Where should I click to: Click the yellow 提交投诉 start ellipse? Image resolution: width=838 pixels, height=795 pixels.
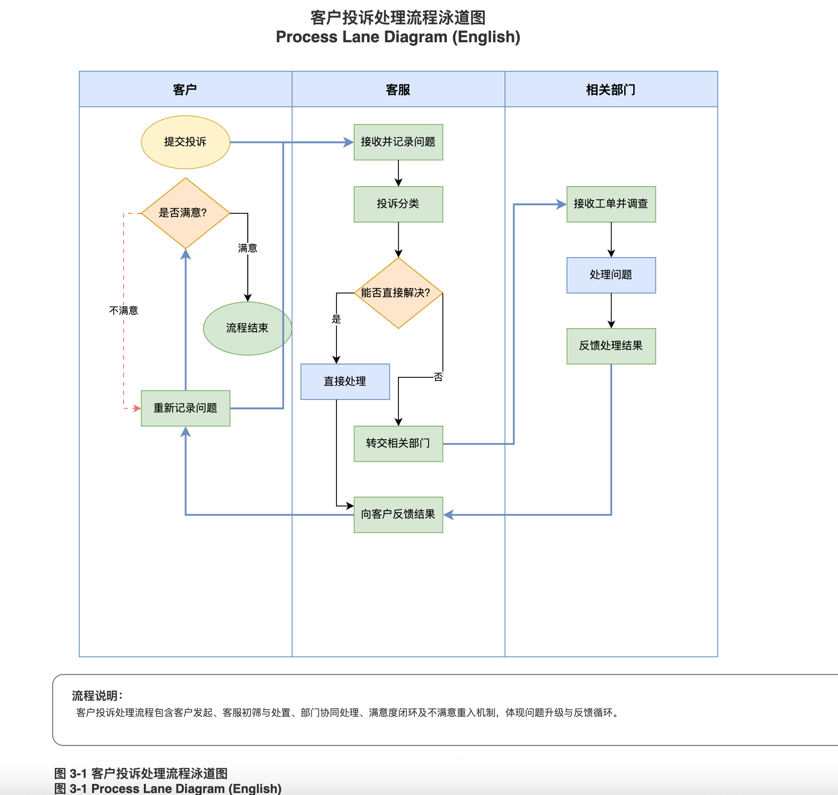[x=185, y=142]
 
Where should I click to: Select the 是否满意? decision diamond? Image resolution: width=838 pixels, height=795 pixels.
[x=185, y=213]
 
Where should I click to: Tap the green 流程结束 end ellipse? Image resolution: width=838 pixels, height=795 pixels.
[x=247, y=328]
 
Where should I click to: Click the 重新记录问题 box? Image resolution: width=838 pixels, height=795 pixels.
[x=185, y=408]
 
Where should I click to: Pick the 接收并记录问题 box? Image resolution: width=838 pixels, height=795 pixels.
[x=398, y=142]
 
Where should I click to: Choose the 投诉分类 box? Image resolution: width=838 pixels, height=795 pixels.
[x=398, y=204]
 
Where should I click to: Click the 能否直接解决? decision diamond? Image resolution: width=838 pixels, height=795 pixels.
[x=398, y=293]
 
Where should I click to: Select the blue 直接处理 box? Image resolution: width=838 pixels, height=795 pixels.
[x=345, y=381]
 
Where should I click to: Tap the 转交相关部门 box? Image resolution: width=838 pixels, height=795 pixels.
[x=398, y=443]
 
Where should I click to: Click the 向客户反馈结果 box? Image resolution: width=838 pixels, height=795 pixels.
[x=398, y=514]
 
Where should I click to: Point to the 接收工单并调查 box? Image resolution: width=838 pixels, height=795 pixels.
[x=611, y=204]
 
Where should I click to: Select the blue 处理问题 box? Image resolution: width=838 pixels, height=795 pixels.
[x=611, y=275]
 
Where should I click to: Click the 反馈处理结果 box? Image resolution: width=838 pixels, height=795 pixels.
[x=611, y=346]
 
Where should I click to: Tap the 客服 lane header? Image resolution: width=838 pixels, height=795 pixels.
[x=398, y=90]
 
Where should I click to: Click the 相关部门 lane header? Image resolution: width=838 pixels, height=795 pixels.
[x=611, y=90]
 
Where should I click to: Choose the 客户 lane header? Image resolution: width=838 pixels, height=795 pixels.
[x=185, y=90]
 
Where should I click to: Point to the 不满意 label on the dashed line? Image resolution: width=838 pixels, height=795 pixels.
[x=123, y=310]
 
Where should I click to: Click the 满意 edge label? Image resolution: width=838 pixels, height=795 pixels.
[x=247, y=248]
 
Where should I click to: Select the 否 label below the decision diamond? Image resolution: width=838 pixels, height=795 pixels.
[x=438, y=377]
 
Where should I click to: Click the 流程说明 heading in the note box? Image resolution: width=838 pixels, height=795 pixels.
[x=97, y=696]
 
